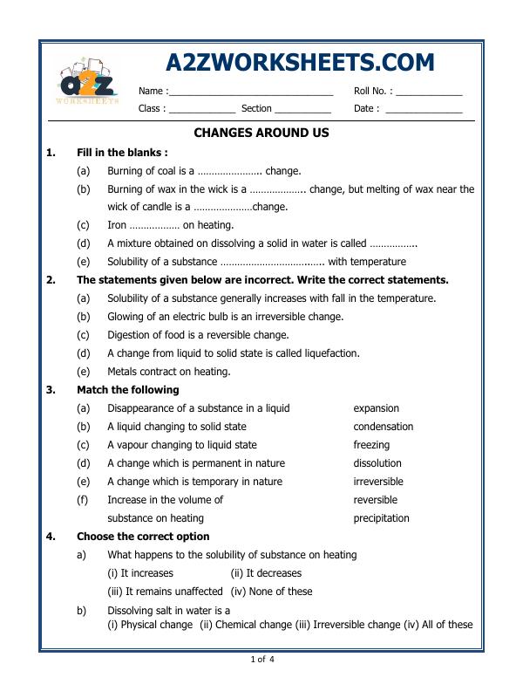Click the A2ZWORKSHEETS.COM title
point(299,63)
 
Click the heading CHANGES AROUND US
point(261,133)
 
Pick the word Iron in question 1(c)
point(118,225)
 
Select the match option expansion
point(376,408)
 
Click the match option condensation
point(383,427)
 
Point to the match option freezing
point(371,445)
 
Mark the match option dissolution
point(377,463)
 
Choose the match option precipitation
point(381,518)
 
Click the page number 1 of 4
point(262,659)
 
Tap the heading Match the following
point(127,390)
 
